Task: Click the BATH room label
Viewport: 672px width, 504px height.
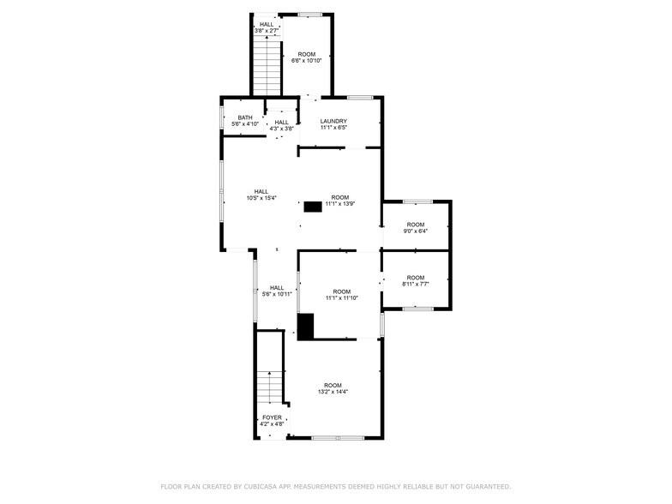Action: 245,117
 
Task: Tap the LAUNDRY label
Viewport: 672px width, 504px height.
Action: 333,121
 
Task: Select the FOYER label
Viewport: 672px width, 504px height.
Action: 271,417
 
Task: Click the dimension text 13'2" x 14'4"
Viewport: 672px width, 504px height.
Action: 333,392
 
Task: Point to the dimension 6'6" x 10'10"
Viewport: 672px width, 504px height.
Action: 306,61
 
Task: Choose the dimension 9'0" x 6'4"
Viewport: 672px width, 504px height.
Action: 416,231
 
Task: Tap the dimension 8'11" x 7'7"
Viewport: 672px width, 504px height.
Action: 416,284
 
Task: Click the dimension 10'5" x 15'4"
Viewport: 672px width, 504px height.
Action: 261,198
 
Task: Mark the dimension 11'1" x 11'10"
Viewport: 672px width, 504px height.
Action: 341,297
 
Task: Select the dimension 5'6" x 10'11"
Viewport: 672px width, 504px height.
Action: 277,294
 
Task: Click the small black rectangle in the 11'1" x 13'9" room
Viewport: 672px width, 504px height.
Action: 313,206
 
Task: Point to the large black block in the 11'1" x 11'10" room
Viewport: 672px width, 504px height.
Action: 306,326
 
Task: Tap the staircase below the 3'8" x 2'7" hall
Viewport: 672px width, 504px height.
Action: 267,64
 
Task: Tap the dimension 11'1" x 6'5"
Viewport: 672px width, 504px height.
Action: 333,128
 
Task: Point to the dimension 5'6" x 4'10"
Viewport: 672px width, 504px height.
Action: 245,124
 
